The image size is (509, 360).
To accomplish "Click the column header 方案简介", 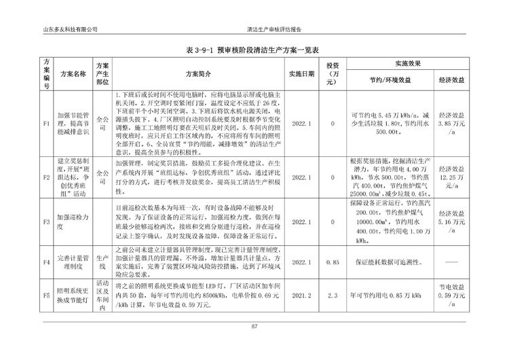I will tap(199, 73).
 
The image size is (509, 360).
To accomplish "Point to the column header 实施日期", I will tap(301, 73).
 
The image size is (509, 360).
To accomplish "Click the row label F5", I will tap(46, 296).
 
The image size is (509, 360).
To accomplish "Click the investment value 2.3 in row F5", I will tap(333, 296).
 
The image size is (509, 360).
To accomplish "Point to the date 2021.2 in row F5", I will tap(301, 296).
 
